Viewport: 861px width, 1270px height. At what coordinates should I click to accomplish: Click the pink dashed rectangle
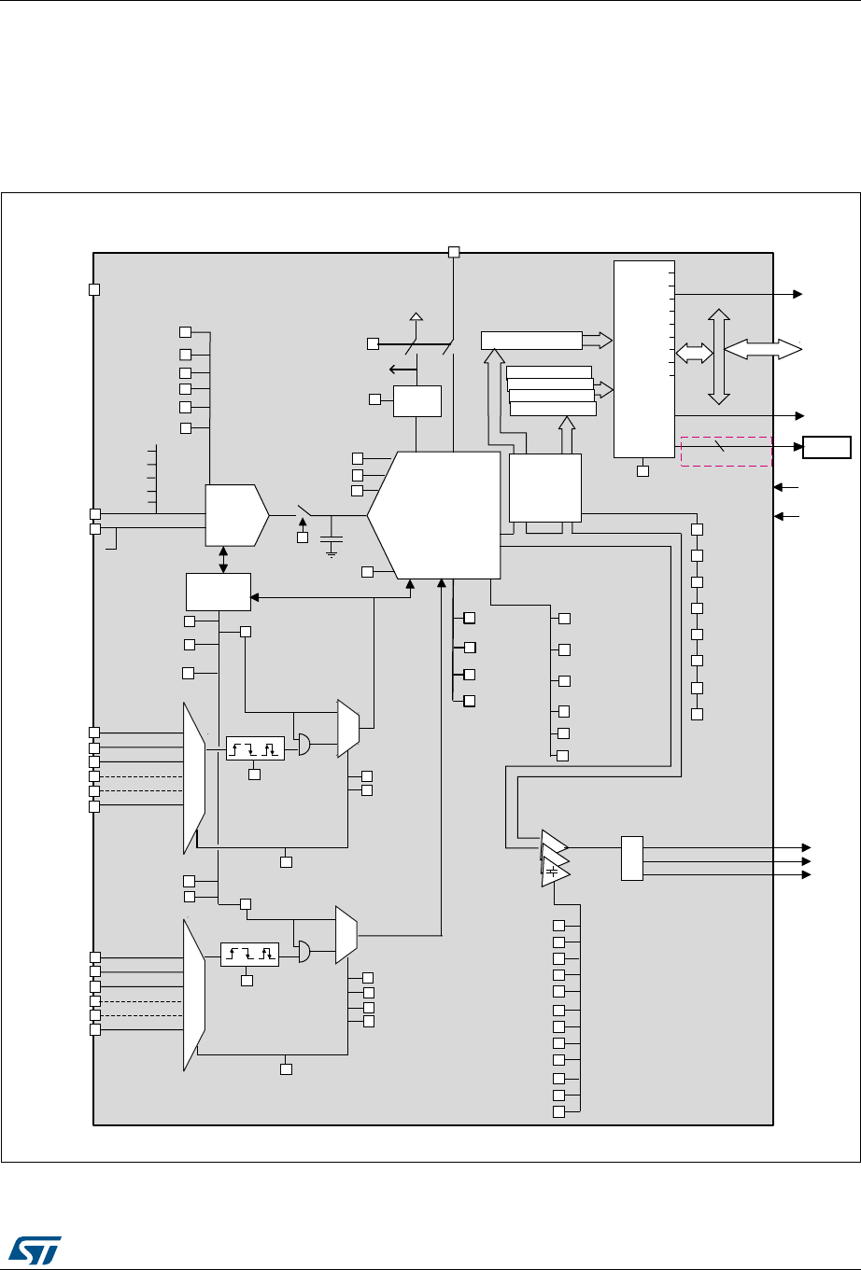[727, 451]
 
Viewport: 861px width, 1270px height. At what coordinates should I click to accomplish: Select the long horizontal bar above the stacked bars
[531, 340]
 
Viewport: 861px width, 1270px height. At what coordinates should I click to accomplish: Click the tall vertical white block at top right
[643, 359]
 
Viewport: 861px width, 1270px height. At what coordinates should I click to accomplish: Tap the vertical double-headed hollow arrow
[718, 356]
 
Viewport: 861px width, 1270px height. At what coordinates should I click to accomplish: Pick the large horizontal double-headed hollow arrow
[762, 348]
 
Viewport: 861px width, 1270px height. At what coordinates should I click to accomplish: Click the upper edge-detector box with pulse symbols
[255, 748]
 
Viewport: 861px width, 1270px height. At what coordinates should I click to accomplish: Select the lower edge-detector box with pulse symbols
[249, 955]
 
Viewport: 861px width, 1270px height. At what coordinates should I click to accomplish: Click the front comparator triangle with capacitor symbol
[555, 873]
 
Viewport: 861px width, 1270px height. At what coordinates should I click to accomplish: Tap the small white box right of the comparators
[631, 858]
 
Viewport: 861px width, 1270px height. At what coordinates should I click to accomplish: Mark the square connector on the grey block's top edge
[455, 251]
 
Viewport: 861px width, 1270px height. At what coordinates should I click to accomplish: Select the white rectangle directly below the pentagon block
[219, 591]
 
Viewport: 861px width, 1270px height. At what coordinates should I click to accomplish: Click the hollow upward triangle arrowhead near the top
[416, 318]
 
